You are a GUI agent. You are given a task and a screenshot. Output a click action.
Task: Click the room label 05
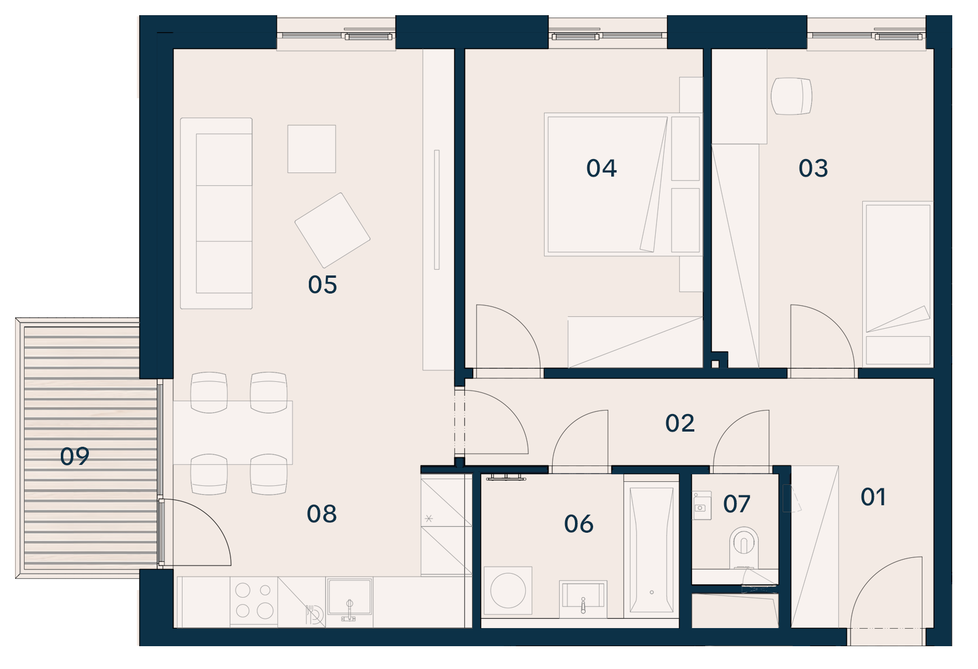pyautogui.click(x=322, y=285)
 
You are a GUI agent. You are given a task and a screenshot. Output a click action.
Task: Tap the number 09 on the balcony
pyautogui.click(x=75, y=457)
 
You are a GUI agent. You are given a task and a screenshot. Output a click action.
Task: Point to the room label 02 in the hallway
pyautogui.click(x=679, y=423)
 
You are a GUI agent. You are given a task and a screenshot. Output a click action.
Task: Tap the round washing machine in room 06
pyautogui.click(x=508, y=591)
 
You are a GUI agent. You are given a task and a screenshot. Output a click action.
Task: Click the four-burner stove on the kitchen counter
pyautogui.click(x=254, y=601)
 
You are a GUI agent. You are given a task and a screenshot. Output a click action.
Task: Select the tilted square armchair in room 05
pyautogui.click(x=332, y=230)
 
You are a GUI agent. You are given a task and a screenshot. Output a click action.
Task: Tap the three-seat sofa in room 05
pyautogui.click(x=216, y=213)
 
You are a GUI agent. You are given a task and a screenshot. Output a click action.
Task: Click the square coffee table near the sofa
pyautogui.click(x=311, y=149)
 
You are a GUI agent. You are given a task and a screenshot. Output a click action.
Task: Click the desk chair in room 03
pyautogui.click(x=791, y=96)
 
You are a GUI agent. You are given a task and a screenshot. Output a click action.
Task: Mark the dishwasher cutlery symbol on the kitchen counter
pyautogui.click(x=314, y=615)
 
